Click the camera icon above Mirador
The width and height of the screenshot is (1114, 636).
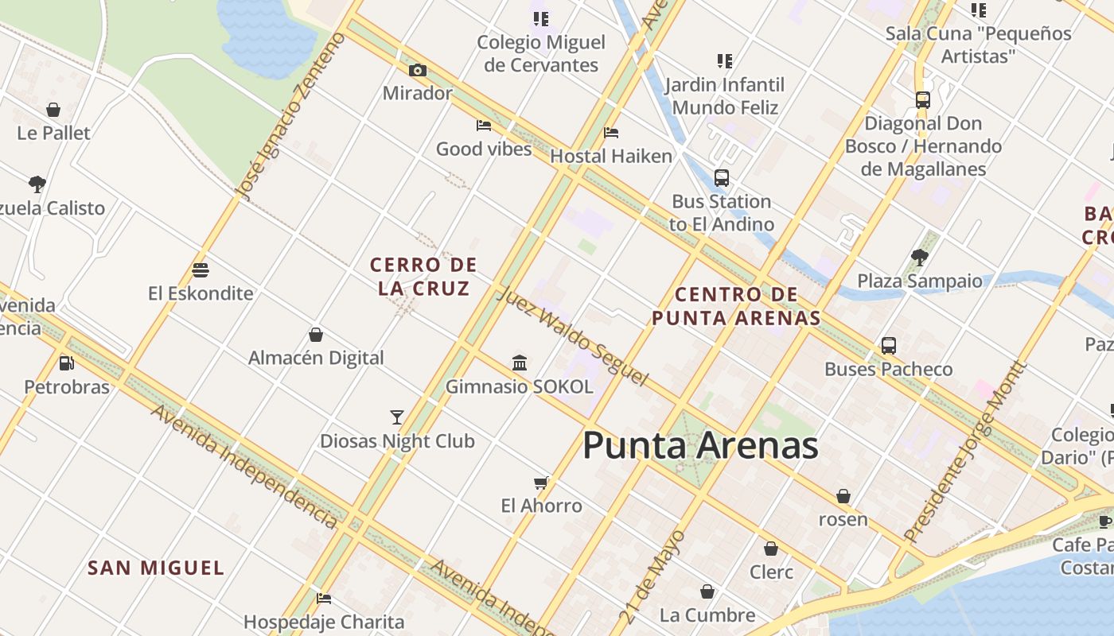418,71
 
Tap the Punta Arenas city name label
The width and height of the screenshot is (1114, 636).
700,446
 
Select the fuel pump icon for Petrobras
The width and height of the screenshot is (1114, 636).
67,363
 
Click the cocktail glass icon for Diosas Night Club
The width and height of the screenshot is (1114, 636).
397,417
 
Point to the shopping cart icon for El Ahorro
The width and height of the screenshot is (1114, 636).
541,483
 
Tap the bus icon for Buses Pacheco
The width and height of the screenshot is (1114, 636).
889,346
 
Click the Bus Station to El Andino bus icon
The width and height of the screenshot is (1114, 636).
722,178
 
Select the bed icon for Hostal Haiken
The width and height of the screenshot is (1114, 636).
611,133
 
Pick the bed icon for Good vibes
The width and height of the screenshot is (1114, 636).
483,126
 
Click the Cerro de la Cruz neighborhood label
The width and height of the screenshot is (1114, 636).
423,276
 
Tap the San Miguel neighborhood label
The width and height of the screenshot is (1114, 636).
156,568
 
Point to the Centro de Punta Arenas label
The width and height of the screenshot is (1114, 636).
736,306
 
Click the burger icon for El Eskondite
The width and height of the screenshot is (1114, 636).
201,270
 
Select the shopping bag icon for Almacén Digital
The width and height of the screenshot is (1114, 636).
316,335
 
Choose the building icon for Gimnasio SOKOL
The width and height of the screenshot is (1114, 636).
520,363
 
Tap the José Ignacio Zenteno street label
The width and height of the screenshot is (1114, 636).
292,114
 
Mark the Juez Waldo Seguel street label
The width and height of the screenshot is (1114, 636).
572,336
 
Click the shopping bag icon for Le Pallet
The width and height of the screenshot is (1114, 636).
53,110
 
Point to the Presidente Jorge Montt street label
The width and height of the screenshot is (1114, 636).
965,451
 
